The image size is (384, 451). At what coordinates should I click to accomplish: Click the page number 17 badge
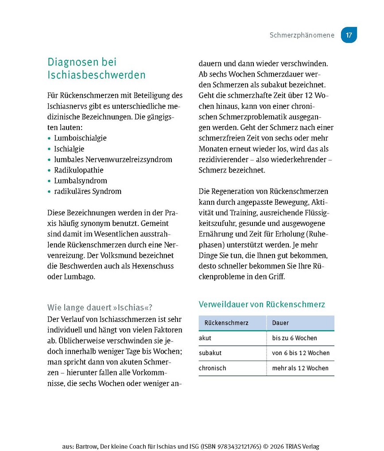(349, 35)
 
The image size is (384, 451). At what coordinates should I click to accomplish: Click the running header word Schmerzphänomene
(302, 35)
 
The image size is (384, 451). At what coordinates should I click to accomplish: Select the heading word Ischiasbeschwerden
(97, 75)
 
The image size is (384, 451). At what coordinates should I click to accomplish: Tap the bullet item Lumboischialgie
(80, 138)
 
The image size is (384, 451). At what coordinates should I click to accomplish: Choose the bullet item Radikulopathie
(79, 170)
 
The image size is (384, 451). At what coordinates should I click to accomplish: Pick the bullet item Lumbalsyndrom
(81, 180)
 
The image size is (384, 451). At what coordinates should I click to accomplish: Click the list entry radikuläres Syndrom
(88, 191)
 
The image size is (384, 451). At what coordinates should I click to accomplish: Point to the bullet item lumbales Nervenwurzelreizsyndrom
(113, 159)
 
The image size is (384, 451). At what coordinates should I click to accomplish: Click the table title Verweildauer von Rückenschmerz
(262, 304)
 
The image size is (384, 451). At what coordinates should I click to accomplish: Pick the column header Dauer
(280, 323)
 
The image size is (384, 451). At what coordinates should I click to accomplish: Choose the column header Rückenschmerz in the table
(226, 323)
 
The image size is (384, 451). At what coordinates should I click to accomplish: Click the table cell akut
(205, 338)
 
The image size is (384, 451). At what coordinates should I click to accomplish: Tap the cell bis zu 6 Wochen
(295, 338)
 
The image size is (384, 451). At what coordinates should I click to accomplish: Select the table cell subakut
(210, 353)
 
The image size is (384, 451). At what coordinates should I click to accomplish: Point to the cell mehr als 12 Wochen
(300, 368)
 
